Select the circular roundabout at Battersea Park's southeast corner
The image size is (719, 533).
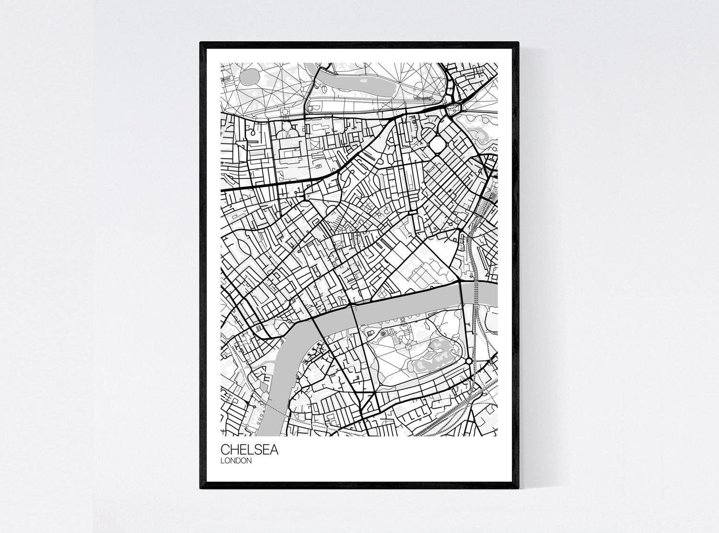pyautogui.click(x=469, y=361)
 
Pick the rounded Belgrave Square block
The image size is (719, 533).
pyautogui.click(x=437, y=144)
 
